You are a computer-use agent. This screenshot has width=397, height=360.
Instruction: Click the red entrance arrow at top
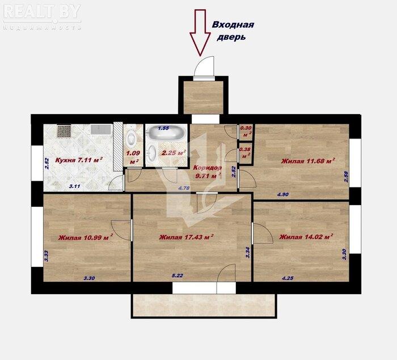[x=200, y=32]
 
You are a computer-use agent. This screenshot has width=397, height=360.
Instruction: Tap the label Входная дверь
[x=233, y=31]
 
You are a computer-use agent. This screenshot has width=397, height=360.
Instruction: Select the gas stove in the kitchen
[x=64, y=131]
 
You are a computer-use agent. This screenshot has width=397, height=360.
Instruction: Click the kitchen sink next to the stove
[x=101, y=129]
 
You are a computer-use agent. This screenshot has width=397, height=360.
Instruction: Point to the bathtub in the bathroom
[x=166, y=132]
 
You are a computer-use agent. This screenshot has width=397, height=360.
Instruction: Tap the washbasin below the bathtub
[x=152, y=153]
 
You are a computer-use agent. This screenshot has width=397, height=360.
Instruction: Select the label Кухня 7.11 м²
[x=79, y=160]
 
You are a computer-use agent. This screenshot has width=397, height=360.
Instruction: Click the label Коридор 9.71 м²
[x=208, y=171]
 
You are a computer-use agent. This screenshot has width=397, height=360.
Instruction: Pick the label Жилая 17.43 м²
[x=187, y=237]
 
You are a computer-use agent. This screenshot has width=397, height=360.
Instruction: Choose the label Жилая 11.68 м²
[x=309, y=161]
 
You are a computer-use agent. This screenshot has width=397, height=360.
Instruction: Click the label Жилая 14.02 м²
[x=306, y=237]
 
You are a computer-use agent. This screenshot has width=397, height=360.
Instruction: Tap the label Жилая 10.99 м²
[x=86, y=237]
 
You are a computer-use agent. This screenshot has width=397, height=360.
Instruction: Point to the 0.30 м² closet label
[x=246, y=131]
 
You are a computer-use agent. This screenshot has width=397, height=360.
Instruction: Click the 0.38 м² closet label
[x=245, y=153]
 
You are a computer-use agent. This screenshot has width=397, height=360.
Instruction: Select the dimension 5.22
[x=177, y=275]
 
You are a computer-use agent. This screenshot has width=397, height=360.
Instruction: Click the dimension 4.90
[x=283, y=195]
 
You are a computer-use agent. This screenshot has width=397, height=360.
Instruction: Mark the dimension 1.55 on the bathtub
[x=163, y=128]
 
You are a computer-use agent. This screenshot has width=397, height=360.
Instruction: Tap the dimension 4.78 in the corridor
[x=184, y=188]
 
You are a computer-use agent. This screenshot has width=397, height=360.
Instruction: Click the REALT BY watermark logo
[x=42, y=16]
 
